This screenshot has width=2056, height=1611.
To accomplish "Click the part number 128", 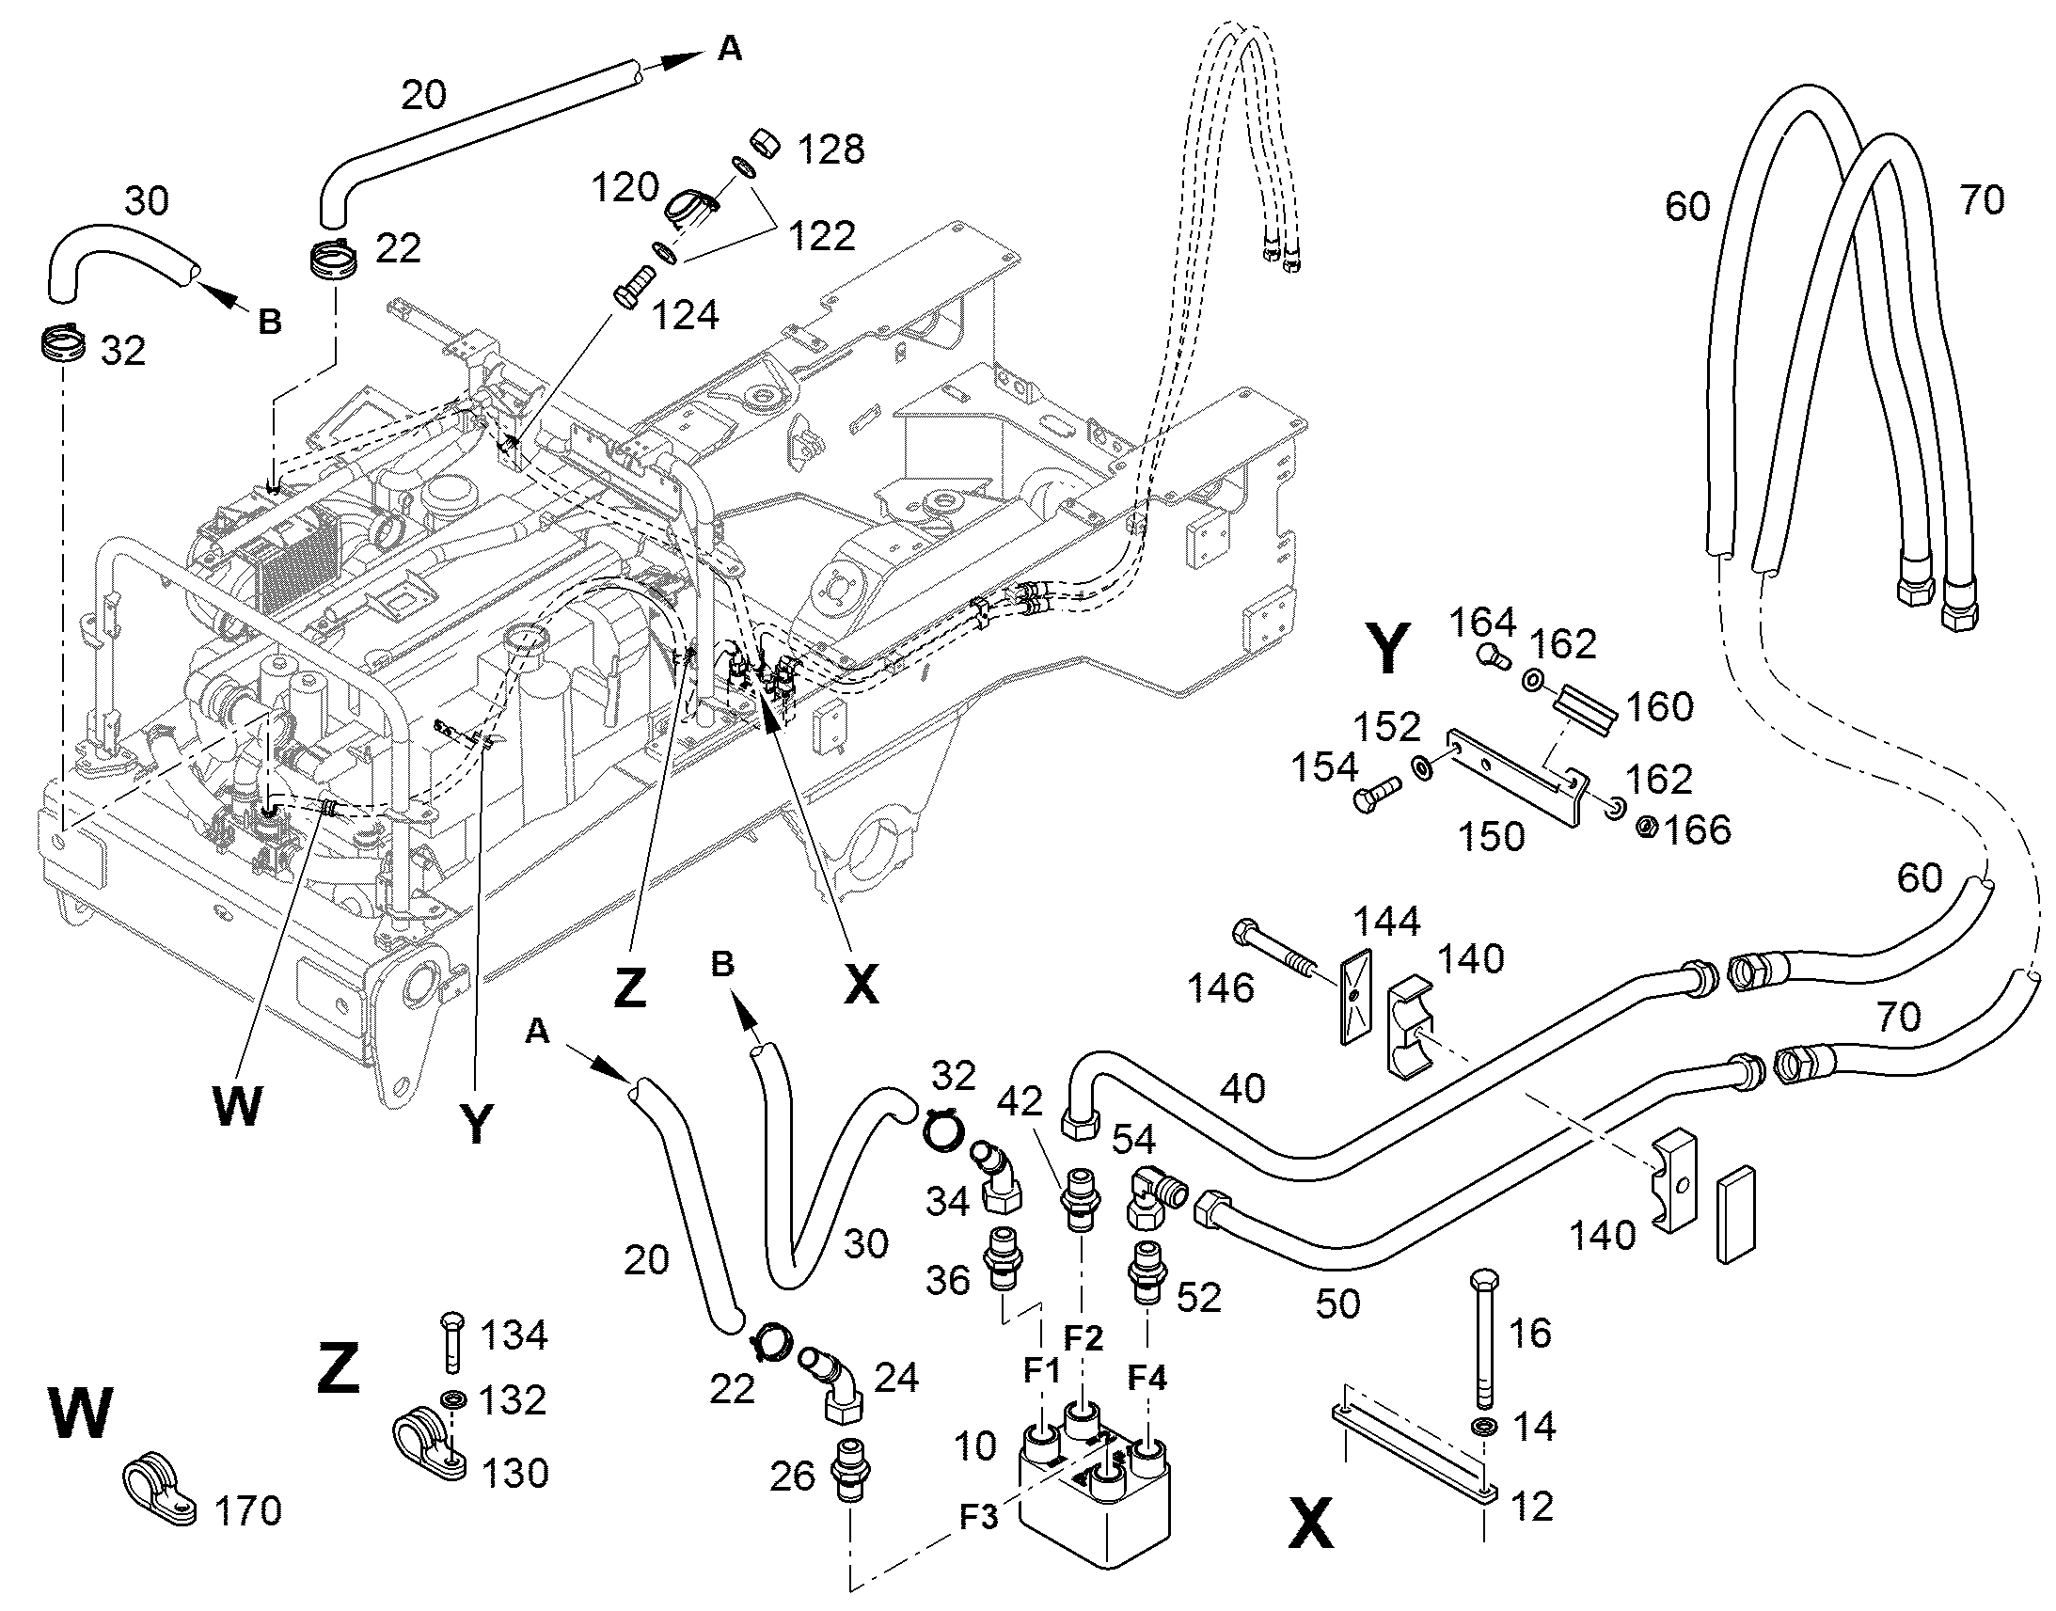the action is [x=830, y=149].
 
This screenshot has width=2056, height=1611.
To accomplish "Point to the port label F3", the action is [x=980, y=1518].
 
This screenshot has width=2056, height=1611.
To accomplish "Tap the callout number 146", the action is [x=1222, y=988].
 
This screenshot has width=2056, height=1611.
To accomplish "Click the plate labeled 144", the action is [x=1355, y=995].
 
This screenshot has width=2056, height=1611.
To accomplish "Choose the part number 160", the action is [x=1660, y=706].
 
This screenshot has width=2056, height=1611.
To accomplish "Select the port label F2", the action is [x=1083, y=1336].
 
